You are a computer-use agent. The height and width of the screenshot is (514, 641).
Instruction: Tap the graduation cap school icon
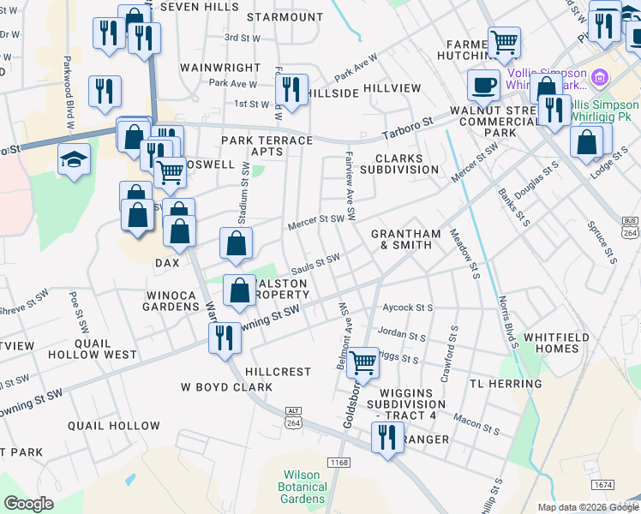(75, 159)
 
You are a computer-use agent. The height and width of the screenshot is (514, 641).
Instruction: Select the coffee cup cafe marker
(484, 86)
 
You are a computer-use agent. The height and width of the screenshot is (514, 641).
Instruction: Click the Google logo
(28, 504)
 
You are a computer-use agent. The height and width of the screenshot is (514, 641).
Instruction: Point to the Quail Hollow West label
(105, 349)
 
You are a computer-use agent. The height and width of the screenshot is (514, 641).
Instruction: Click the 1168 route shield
(338, 463)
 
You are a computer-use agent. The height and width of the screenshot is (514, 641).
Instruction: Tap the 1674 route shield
(602, 485)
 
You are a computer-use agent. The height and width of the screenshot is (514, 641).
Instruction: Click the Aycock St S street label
(408, 307)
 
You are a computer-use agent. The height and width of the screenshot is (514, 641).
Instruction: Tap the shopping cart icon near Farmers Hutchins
(504, 41)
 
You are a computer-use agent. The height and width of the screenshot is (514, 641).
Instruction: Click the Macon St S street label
(477, 421)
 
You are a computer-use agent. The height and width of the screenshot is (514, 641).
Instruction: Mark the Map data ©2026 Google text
(588, 507)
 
